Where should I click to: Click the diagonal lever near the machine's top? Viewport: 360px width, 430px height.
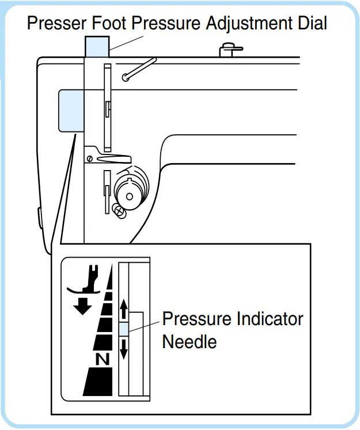tap(139, 67)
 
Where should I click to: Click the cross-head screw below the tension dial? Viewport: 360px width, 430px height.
tap(119, 212)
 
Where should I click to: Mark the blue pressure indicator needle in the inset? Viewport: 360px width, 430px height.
tap(123, 329)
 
